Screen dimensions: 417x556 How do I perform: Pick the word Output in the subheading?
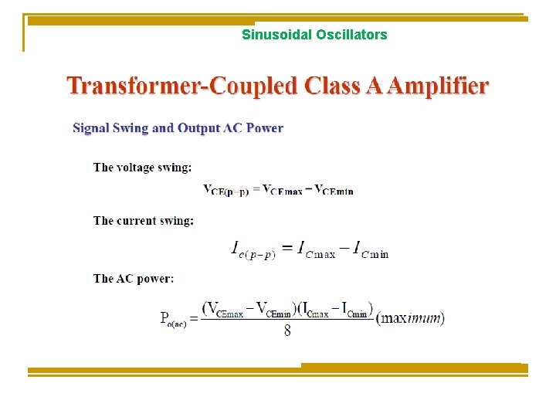(199, 128)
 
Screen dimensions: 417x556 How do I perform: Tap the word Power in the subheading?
(266, 128)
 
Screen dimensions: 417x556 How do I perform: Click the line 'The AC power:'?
(134, 278)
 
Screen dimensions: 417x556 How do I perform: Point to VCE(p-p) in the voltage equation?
(225, 190)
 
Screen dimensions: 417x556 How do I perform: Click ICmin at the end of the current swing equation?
(370, 249)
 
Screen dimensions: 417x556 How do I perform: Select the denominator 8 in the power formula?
(287, 331)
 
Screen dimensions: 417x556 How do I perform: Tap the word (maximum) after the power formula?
(410, 317)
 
